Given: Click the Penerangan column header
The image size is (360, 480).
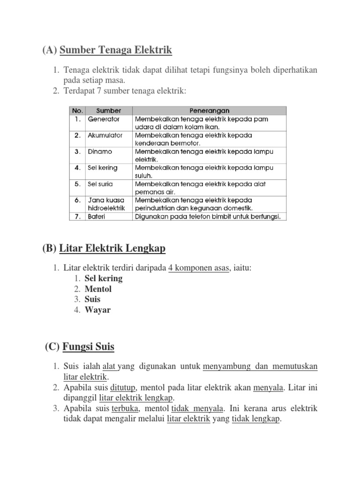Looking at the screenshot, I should click(209, 111).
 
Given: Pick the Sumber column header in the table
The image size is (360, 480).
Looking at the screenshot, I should click(109, 111).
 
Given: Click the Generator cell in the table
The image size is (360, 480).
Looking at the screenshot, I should click(104, 119).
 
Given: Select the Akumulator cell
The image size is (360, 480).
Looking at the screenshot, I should click(105, 135).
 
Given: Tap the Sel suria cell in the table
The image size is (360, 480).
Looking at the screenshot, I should click(100, 184).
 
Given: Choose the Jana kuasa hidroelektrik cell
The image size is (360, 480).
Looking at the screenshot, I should click(106, 204).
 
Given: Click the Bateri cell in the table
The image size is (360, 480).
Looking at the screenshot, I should click(97, 217).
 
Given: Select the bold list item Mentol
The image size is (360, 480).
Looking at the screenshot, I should click(98, 289).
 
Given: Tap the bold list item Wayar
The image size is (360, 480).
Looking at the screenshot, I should click(97, 309).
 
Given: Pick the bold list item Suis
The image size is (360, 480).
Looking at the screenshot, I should click(93, 299).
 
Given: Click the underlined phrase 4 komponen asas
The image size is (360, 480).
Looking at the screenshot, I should click(198, 268).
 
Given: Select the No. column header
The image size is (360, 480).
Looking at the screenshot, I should click(77, 111).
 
